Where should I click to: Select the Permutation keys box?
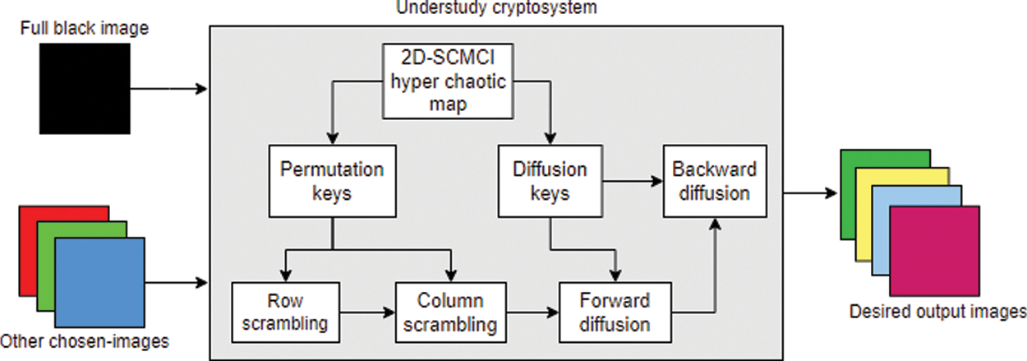pyautogui.click(x=332, y=182)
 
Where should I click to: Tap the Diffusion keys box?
pyautogui.click(x=550, y=182)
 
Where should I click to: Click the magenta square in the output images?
pyautogui.click(x=935, y=250)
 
